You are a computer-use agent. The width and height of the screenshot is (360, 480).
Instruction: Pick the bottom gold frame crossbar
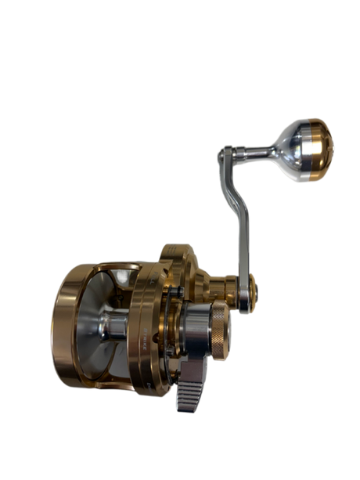(x=117, y=384)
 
